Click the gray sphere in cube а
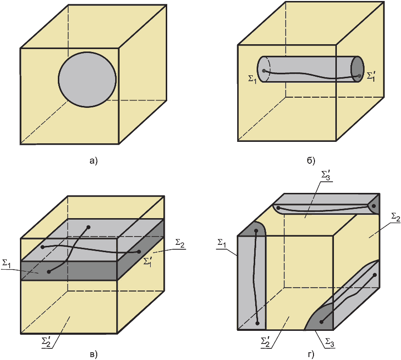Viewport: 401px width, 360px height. [87, 78]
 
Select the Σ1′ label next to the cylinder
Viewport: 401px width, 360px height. [371, 76]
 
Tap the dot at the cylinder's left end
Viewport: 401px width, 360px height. [264, 71]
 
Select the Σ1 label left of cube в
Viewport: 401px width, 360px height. [7, 264]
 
